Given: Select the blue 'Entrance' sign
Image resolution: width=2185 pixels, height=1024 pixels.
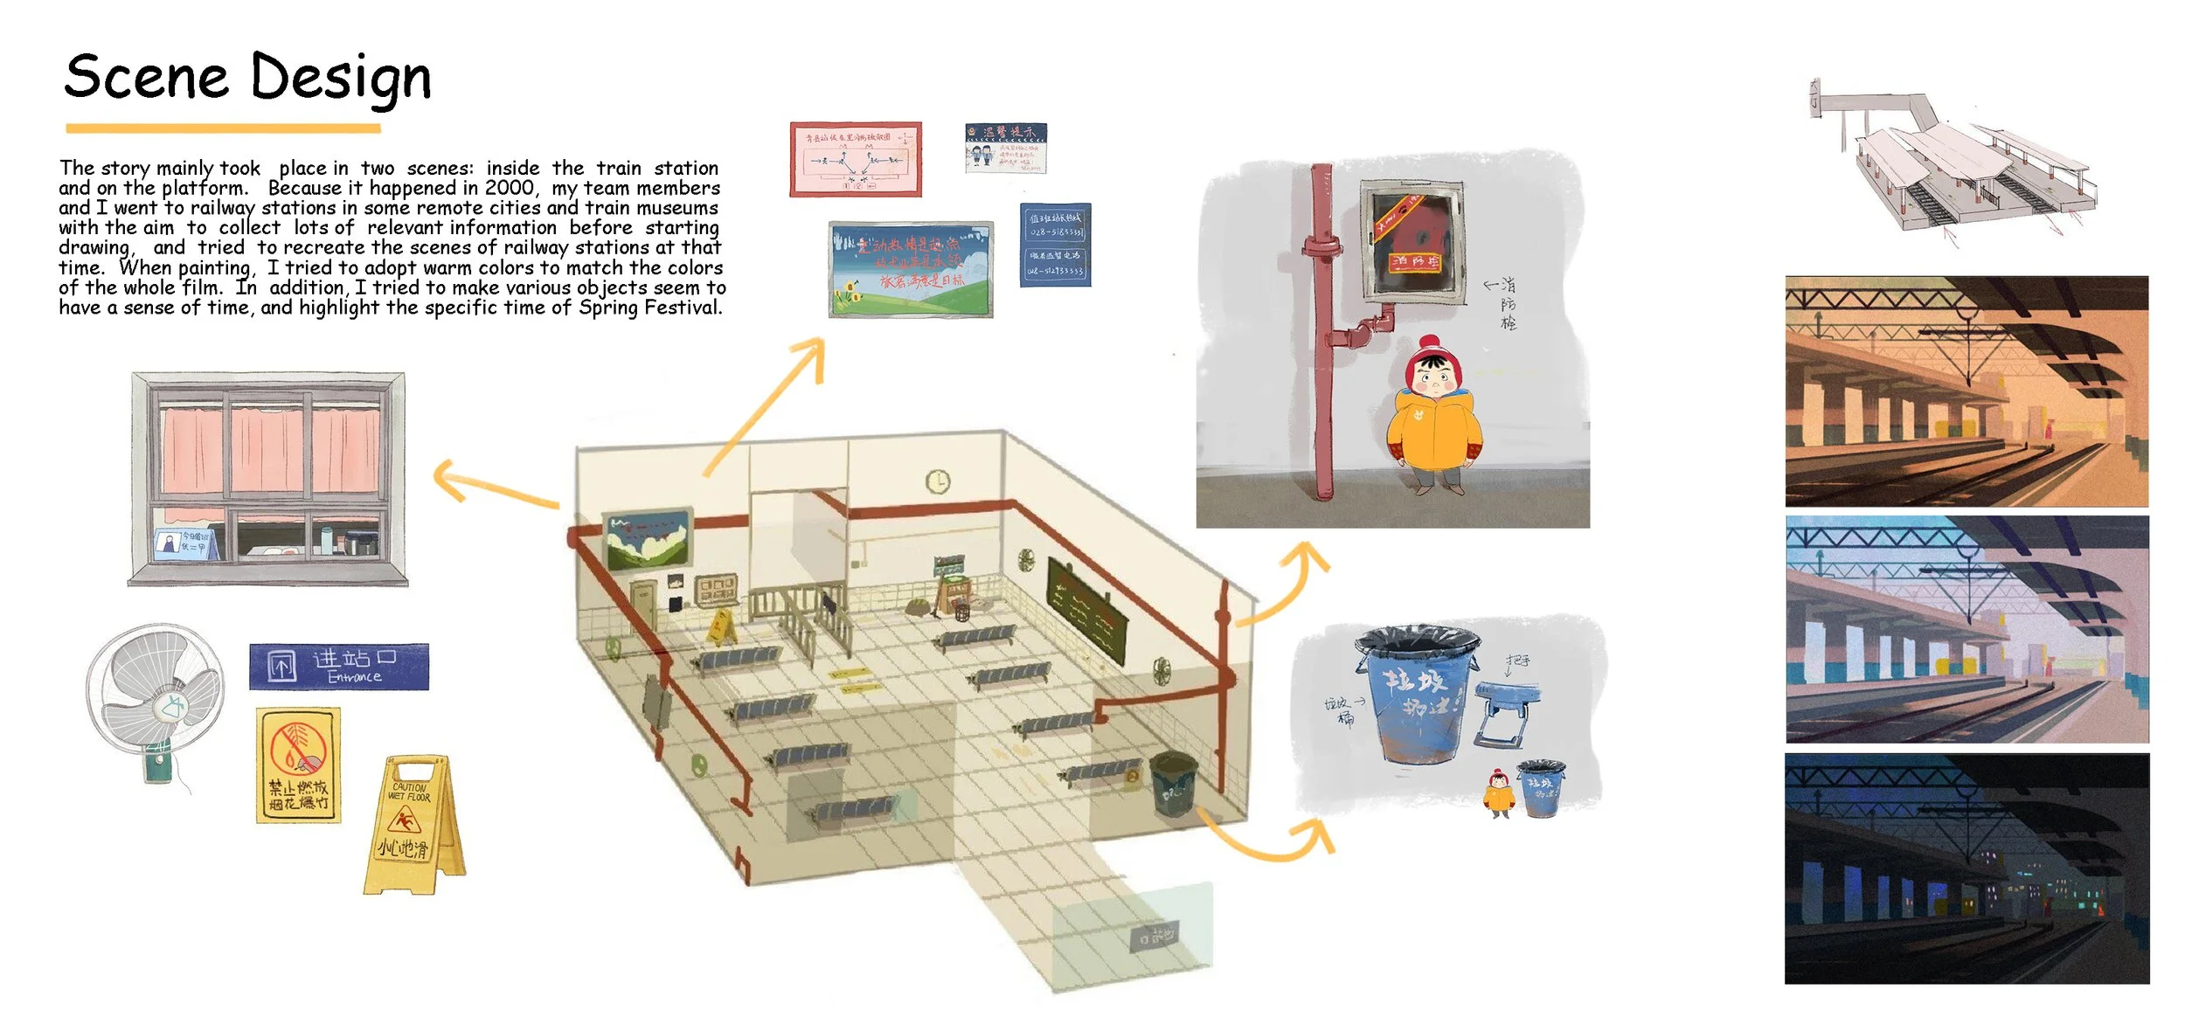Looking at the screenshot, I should (x=339, y=667).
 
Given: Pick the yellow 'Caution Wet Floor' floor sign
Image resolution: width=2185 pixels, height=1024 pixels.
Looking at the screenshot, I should (x=412, y=825).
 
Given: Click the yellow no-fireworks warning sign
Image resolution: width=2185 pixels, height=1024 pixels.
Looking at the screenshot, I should (x=298, y=765).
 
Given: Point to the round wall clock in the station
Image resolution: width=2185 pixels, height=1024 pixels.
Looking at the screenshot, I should (x=937, y=481).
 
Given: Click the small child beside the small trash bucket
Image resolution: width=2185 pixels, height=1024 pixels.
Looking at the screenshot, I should (x=1499, y=792).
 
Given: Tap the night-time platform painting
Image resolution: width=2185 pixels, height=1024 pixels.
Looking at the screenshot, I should (x=1966, y=868).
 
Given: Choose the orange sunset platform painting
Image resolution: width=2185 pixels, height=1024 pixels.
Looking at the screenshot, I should (x=1966, y=391).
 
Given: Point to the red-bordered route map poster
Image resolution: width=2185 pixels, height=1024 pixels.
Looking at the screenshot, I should (x=856, y=160).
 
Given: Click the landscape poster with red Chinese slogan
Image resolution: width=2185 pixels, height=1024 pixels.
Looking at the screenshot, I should (x=911, y=269).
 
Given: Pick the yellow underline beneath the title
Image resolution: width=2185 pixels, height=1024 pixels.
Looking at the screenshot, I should (x=223, y=128).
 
